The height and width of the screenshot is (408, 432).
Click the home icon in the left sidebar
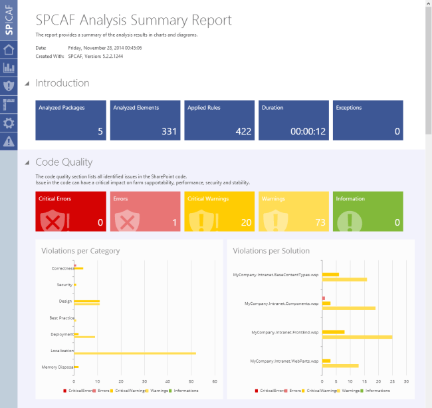9,50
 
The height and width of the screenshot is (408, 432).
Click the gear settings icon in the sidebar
9,122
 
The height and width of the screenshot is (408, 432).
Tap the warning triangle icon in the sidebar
9,141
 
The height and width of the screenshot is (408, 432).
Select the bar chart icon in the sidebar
9,68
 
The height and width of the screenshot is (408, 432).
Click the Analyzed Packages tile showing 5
70,120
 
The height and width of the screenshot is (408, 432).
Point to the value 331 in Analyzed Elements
169,132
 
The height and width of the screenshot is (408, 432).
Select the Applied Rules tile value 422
243,132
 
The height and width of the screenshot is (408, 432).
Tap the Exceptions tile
368,120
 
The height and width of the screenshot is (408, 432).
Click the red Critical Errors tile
70,211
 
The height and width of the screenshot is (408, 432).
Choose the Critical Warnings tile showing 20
219,211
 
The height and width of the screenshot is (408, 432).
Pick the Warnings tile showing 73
293,211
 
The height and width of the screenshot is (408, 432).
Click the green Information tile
368,211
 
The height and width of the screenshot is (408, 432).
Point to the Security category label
64,285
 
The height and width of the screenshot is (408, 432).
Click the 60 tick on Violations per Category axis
215,381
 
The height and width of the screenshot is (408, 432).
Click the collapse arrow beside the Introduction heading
27,84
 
